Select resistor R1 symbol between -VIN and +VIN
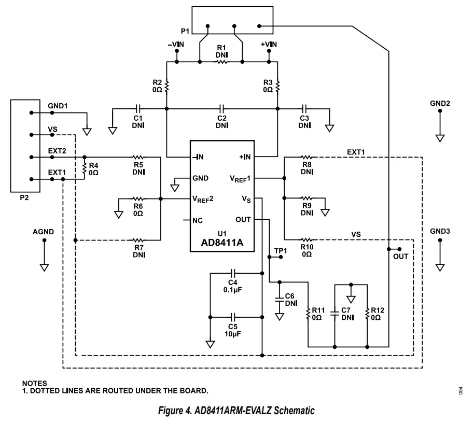click(221, 62)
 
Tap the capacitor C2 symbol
click(221, 109)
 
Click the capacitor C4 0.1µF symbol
click(233, 273)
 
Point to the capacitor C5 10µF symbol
click(233, 316)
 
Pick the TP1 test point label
click(281, 251)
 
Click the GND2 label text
click(440, 103)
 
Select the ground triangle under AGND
click(44, 267)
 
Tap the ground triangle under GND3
click(440, 267)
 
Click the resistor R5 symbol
click(138, 157)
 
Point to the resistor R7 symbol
click(138, 240)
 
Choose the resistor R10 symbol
click(306, 240)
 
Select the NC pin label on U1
click(197, 220)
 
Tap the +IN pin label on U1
click(245, 157)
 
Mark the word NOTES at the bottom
click(34, 384)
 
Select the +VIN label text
click(269, 45)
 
